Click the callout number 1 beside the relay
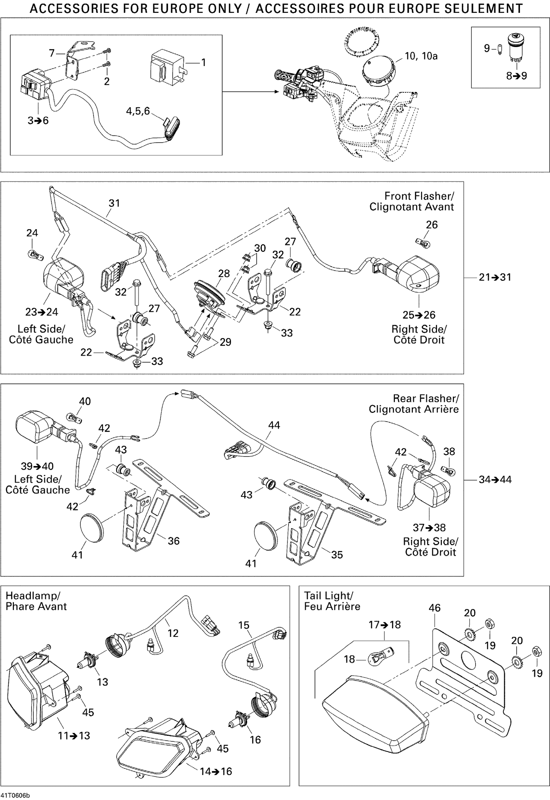[x=203, y=62]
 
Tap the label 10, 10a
[x=421, y=56]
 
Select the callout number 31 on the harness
[x=114, y=203]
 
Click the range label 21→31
[x=495, y=277]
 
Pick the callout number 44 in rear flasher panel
[x=274, y=425]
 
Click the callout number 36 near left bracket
[x=173, y=541]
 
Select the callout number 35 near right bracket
[x=337, y=554]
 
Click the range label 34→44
[x=495, y=479]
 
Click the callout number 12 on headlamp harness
[x=173, y=633]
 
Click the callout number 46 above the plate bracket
[x=434, y=608]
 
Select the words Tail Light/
[x=328, y=595]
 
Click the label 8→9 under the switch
[x=516, y=76]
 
